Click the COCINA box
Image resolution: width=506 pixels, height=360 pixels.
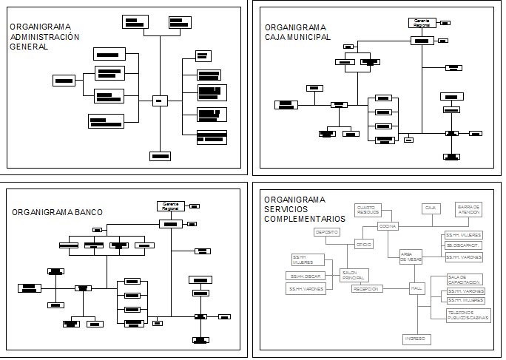(x=388, y=225)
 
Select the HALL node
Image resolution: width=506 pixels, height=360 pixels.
(x=416, y=289)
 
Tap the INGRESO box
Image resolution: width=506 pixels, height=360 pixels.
(x=416, y=339)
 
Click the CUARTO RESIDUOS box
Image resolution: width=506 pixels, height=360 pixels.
(x=368, y=209)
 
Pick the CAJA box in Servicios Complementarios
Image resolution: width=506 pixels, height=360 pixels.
(x=431, y=208)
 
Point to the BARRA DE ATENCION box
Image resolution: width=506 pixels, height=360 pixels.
(x=468, y=209)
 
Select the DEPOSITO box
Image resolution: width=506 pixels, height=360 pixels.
(x=326, y=232)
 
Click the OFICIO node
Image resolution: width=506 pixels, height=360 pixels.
(x=363, y=244)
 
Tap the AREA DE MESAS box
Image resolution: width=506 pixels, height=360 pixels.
(x=411, y=257)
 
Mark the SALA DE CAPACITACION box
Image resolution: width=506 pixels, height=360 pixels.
(x=464, y=280)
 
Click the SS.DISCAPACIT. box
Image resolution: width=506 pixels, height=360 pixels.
(x=464, y=245)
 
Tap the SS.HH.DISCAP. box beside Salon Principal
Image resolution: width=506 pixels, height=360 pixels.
(x=306, y=276)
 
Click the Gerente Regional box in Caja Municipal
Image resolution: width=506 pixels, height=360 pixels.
(x=422, y=23)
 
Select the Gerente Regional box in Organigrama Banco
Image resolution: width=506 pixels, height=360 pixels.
(x=170, y=206)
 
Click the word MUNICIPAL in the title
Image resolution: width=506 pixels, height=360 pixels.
(x=311, y=37)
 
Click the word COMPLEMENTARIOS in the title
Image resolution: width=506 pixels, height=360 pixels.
(x=304, y=219)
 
